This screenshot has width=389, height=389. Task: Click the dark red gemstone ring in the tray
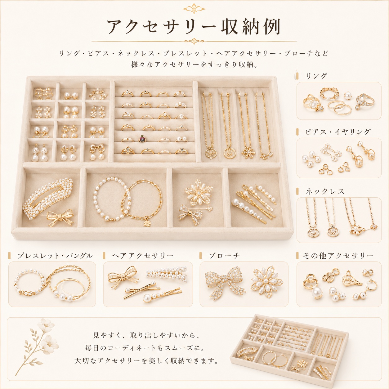(142, 139)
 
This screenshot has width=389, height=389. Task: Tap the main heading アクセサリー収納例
(194, 27)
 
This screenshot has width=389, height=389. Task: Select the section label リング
(316, 76)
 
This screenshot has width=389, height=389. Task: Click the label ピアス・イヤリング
(338, 132)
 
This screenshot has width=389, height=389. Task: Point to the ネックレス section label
(325, 191)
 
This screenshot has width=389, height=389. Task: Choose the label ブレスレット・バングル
(55, 256)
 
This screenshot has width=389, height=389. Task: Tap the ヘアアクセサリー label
(143, 256)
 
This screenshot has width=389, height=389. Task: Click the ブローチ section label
(224, 256)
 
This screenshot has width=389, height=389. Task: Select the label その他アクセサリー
(338, 256)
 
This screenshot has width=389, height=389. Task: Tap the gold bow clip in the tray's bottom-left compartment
(60, 218)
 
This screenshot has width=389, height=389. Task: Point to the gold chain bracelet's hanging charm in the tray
(146, 223)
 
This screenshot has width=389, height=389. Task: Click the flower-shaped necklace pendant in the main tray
(248, 152)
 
